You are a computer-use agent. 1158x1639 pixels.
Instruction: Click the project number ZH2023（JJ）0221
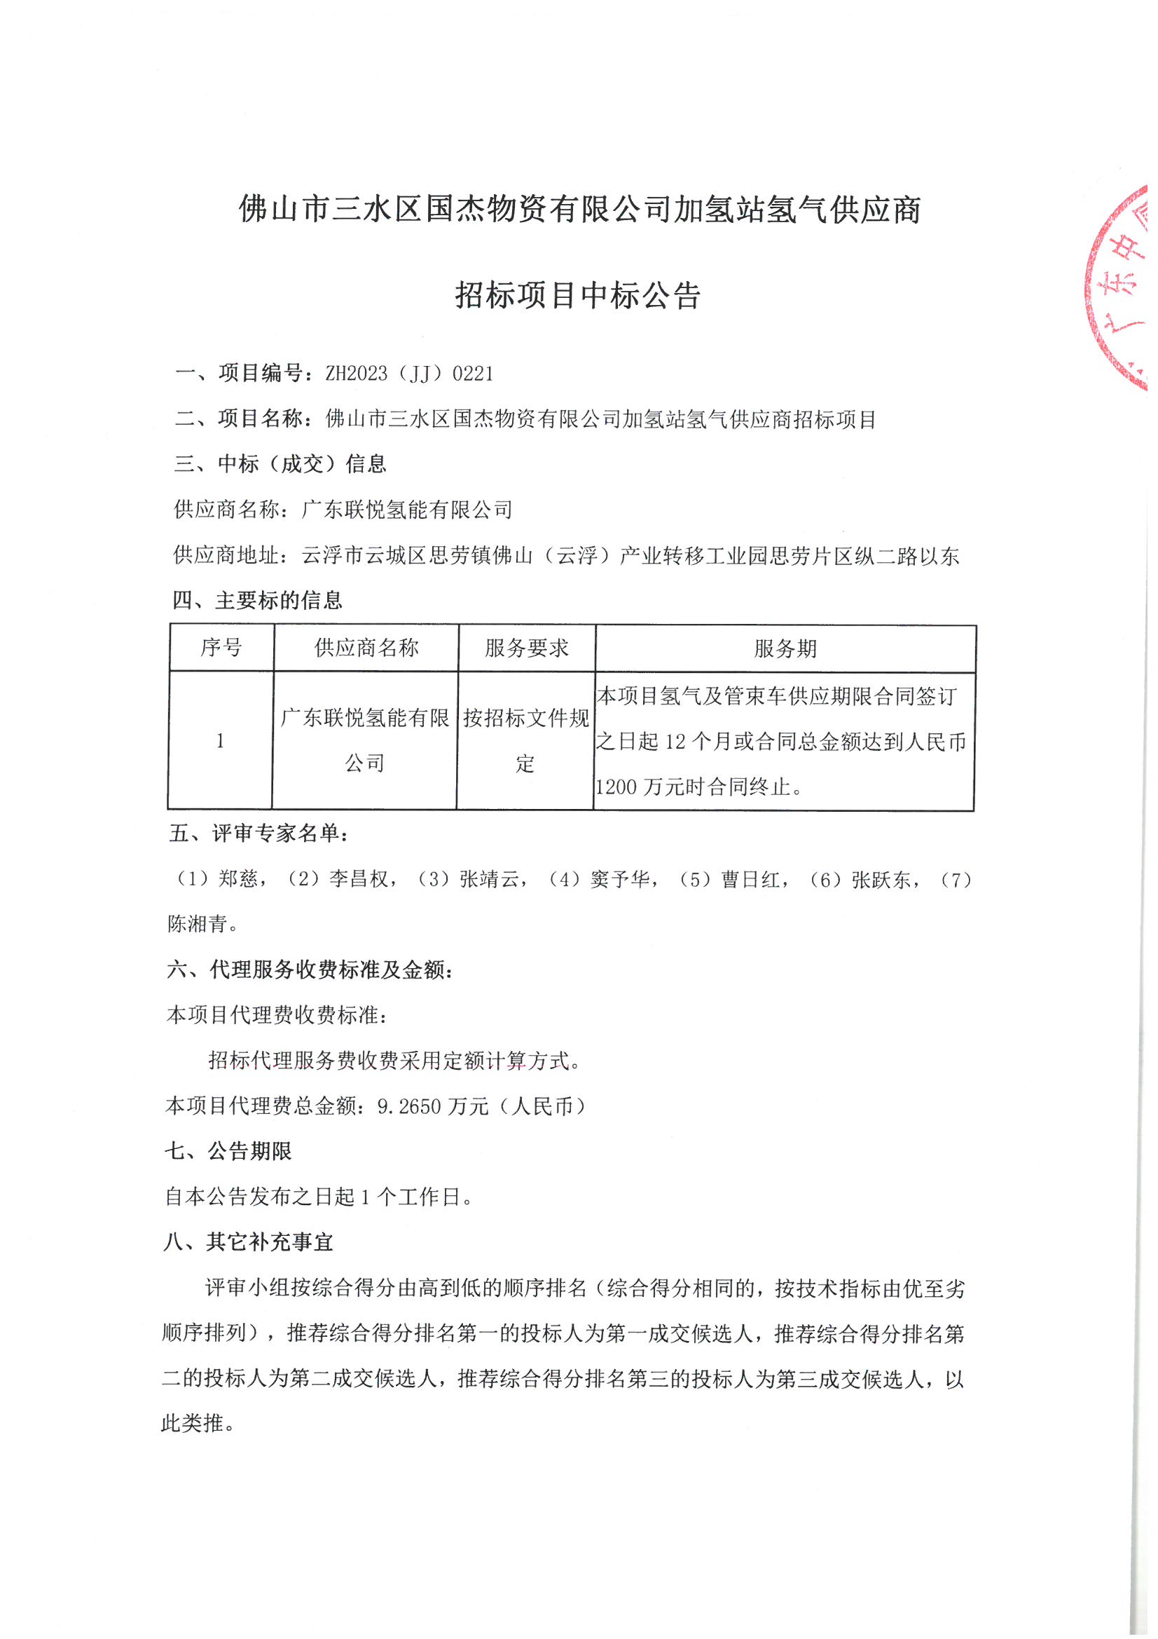pos(409,374)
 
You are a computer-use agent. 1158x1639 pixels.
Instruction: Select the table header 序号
pos(221,648)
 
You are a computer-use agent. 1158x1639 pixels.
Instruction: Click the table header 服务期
pos(785,649)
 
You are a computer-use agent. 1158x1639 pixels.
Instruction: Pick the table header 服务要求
pos(527,648)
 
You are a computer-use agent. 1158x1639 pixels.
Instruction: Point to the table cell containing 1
pos(220,741)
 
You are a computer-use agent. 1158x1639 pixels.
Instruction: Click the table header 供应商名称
pos(366,648)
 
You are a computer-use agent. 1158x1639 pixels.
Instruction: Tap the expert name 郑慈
pos(238,879)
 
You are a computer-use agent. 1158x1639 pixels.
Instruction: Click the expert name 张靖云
pos(490,879)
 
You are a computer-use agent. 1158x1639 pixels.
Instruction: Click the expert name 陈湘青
pos(198,924)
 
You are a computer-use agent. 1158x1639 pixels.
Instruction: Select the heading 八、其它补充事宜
pos(248,1242)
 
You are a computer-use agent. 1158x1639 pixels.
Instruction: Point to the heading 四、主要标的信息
pos(257,600)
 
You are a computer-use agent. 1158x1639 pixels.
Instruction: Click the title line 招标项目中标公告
pos(578,296)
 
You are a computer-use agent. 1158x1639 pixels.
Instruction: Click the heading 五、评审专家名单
pos(259,833)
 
